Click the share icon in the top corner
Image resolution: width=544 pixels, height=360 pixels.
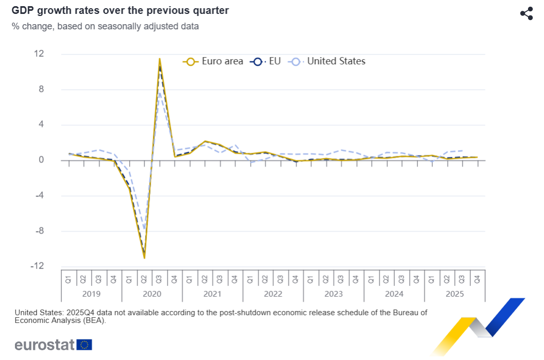[x=526, y=14]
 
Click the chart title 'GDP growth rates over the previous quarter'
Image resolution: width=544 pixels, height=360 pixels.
[x=120, y=10]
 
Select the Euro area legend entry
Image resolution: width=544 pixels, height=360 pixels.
[x=213, y=61]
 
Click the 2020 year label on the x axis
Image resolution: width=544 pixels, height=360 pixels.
[x=152, y=294]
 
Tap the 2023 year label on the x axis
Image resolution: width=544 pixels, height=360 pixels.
[x=334, y=294]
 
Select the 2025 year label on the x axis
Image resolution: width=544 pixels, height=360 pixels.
[x=454, y=294]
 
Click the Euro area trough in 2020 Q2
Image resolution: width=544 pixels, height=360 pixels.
[x=144, y=258]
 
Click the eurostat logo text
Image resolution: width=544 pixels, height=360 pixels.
[x=45, y=344]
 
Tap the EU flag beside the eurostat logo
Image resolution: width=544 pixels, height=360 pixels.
[x=84, y=344]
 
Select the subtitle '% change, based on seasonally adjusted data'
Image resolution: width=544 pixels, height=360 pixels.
[x=105, y=26]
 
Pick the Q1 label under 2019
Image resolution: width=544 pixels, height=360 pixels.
[x=68, y=280]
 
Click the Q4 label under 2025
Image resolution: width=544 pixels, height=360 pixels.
[x=477, y=280]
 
